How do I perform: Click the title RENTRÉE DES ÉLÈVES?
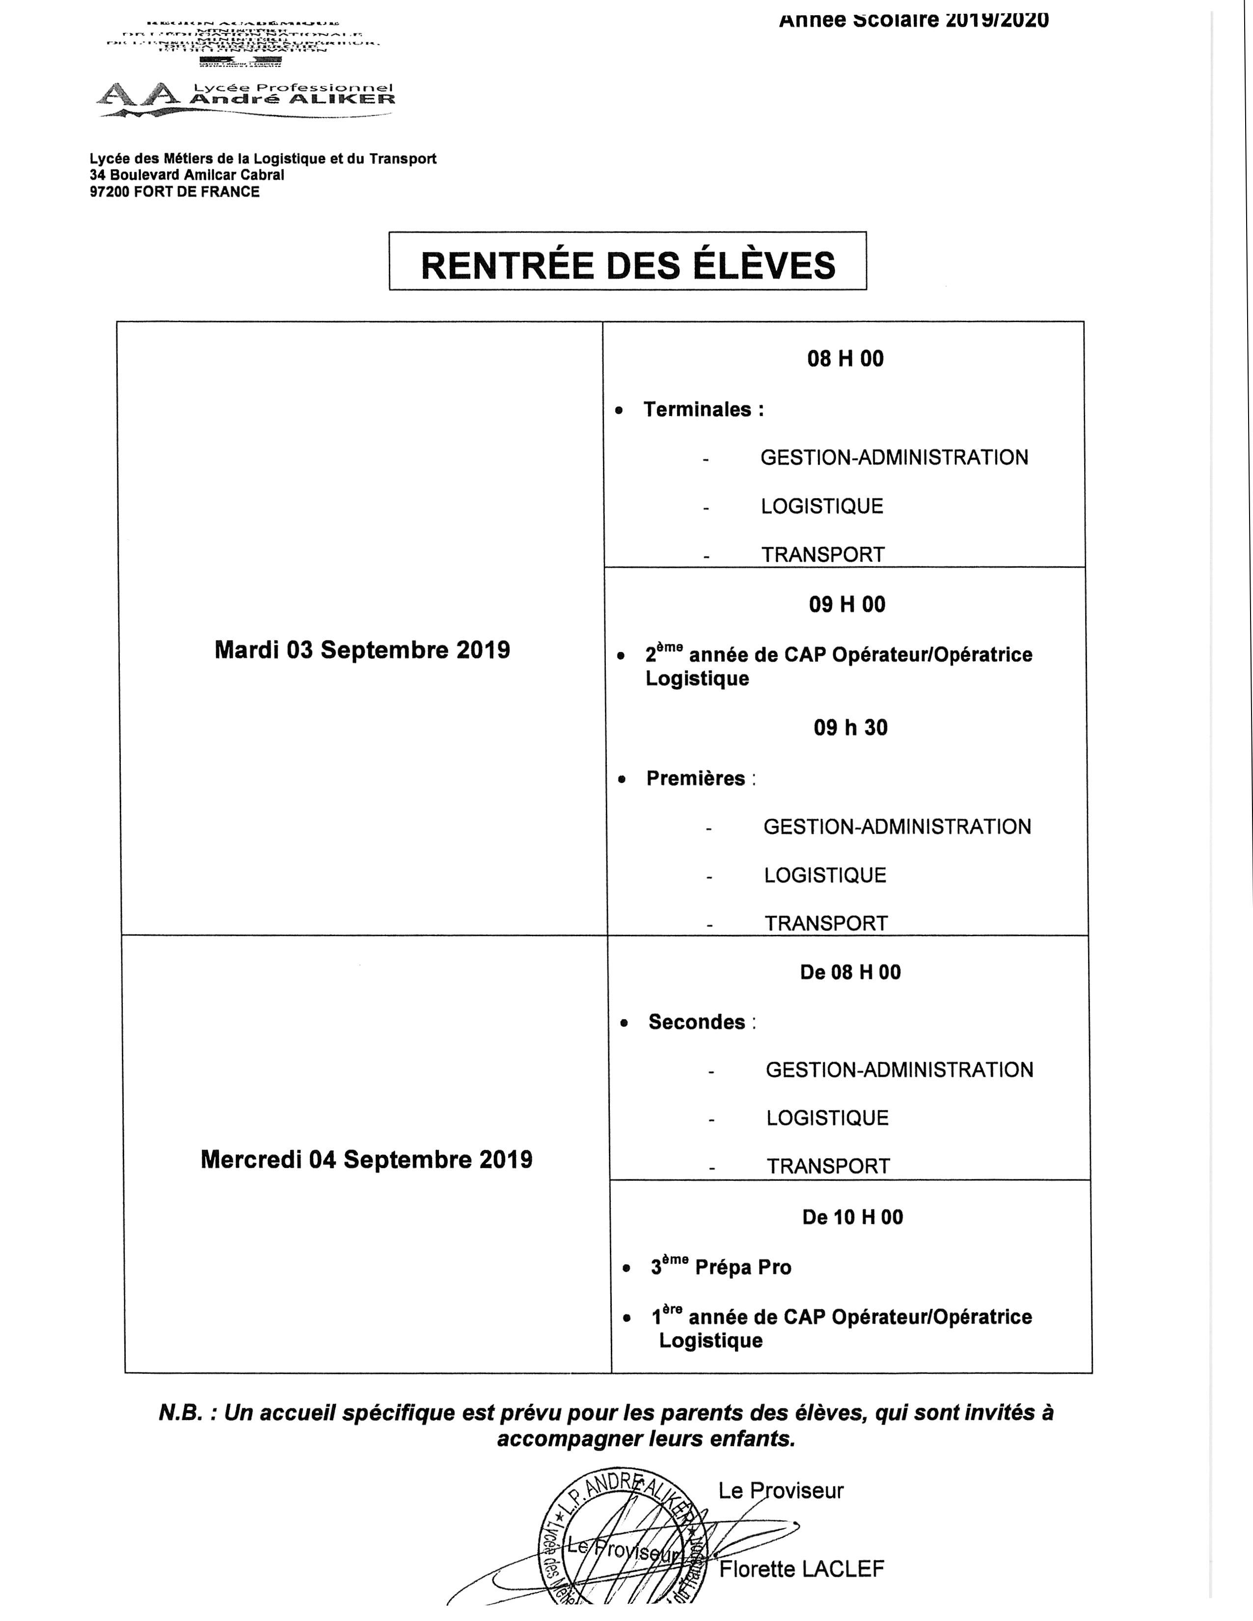pyautogui.click(x=627, y=265)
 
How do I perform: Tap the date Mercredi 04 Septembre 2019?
pyautogui.click(x=366, y=1159)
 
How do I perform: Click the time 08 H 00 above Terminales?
pyautogui.click(x=845, y=359)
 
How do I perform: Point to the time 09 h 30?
pyautogui.click(x=850, y=727)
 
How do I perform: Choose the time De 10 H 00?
pyautogui.click(x=852, y=1217)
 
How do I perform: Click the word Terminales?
pyautogui.click(x=697, y=410)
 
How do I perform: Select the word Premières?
pyautogui.click(x=695, y=779)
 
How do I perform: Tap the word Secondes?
pyautogui.click(x=697, y=1022)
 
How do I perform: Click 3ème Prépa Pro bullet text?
pyautogui.click(x=721, y=1267)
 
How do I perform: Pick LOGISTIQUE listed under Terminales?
pyautogui.click(x=822, y=506)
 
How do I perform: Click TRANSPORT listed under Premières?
pyautogui.click(x=826, y=923)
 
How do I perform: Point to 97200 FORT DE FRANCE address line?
pyautogui.click(x=174, y=192)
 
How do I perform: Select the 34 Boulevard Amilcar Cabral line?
pyautogui.click(x=187, y=175)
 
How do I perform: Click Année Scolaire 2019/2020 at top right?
pyautogui.click(x=913, y=20)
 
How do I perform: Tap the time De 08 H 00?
pyautogui.click(x=850, y=972)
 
